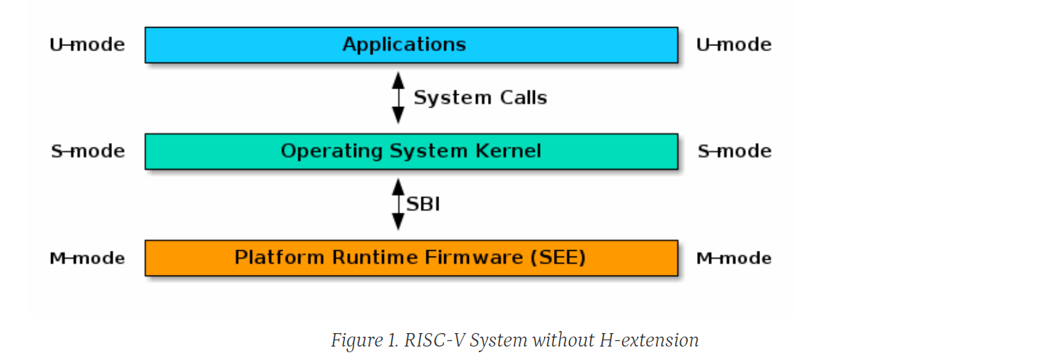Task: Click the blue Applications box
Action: [411, 45]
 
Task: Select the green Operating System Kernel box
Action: [411, 151]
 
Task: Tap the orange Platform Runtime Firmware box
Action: [411, 257]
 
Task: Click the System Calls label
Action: [480, 98]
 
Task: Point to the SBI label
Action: [423, 204]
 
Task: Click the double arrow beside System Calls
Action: [398, 98]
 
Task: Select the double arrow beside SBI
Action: [398, 204]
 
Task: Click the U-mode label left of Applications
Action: [87, 45]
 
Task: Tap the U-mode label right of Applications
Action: [734, 45]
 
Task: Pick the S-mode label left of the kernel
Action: [88, 151]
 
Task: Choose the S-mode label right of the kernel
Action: [734, 151]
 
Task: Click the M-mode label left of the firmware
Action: [87, 258]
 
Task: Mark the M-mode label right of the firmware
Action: [734, 258]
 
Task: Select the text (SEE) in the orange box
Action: [558, 257]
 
